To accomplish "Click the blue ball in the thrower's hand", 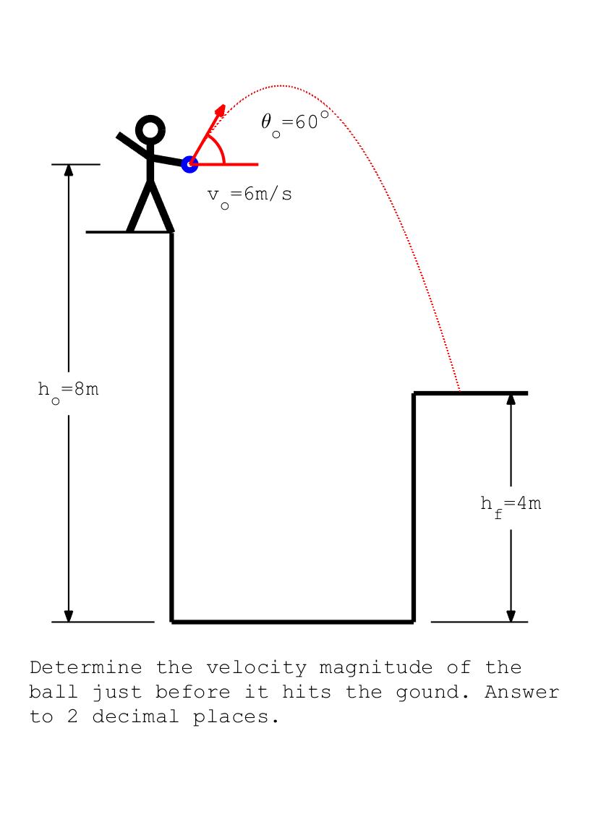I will coord(189,164).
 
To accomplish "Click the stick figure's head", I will coord(150,130).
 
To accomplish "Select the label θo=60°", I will coord(294,122).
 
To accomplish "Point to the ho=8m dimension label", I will coord(69,390).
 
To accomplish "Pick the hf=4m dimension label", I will coord(511,504).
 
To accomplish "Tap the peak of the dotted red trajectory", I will coord(282,86).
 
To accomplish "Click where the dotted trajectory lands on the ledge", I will coord(460,392).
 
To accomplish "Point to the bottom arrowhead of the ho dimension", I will coord(69,615).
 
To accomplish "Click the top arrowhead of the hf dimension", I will coord(511,399).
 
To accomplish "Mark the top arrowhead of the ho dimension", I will coord(69,170).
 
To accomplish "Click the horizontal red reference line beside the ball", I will coord(239,165).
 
